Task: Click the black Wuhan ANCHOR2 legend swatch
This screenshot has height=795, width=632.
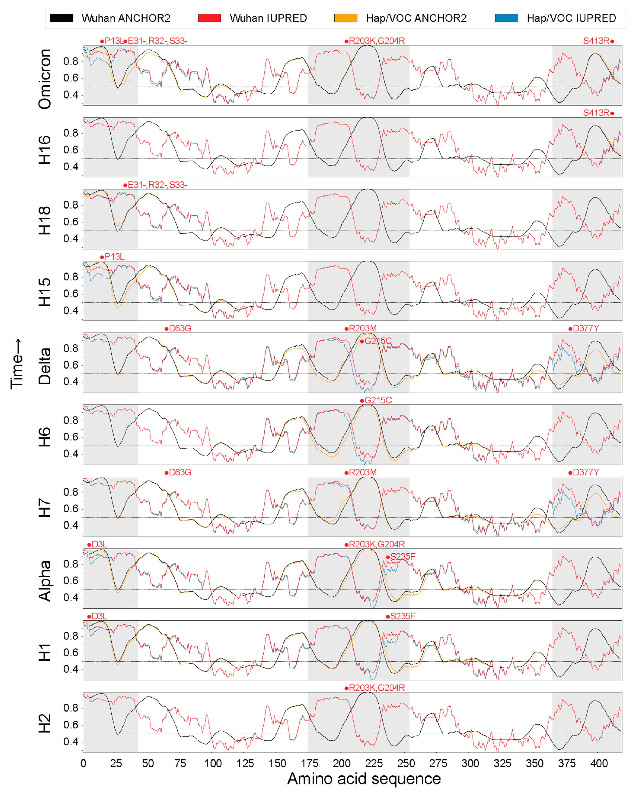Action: pos(62,18)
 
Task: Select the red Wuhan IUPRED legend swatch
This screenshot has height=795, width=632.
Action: pos(209,18)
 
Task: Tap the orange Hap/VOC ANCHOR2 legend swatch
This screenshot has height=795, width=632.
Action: pos(346,18)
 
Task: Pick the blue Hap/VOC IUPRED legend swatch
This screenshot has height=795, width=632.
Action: pos(506,18)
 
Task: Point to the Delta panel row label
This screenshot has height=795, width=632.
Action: pos(45,366)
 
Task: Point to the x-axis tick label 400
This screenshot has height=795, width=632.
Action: pos(599,763)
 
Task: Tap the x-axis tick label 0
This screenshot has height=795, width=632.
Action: pos(83,763)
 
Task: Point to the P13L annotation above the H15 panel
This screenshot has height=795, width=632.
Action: pos(114,257)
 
